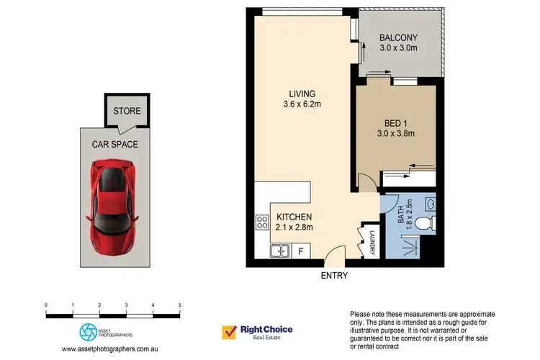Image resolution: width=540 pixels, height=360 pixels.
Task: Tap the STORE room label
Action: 127,112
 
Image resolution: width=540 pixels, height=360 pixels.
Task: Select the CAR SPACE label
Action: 114,144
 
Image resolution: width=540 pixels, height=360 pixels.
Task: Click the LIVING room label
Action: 301,94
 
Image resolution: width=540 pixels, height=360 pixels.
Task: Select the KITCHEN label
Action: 293,217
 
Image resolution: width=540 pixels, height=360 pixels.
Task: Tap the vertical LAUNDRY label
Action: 373,241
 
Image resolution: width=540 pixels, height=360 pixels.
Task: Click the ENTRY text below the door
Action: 334,276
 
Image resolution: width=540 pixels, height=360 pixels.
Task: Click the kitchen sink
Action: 279,251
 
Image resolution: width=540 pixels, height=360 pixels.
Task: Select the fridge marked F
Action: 301,251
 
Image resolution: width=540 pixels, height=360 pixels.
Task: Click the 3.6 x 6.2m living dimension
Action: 301,105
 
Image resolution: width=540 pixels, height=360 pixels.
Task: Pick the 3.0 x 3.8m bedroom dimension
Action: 396,132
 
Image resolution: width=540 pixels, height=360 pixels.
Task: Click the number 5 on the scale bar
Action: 179,306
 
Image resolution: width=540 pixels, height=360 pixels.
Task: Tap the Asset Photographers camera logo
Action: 86,331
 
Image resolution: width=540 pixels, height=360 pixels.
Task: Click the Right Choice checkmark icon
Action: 230,332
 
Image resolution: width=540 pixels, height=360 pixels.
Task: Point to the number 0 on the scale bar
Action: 46,306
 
